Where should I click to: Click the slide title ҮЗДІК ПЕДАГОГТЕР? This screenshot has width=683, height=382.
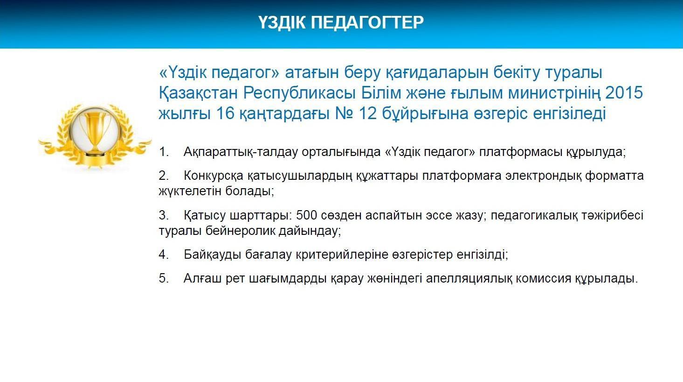pyautogui.click(x=341, y=22)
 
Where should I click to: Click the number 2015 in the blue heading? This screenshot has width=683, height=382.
pyautogui.click(x=624, y=92)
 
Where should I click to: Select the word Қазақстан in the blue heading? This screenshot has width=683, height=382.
pyautogui.click(x=198, y=93)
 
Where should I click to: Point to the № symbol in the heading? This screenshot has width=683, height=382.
pyautogui.click(x=344, y=113)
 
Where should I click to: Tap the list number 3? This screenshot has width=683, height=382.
pyautogui.click(x=164, y=215)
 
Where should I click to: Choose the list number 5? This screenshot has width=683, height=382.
pyautogui.click(x=164, y=278)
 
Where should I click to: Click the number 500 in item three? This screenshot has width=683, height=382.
pyautogui.click(x=306, y=215)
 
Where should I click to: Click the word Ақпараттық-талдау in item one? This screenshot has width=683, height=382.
pyautogui.click(x=241, y=152)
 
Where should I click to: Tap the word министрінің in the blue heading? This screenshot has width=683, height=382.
pyautogui.click(x=554, y=93)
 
